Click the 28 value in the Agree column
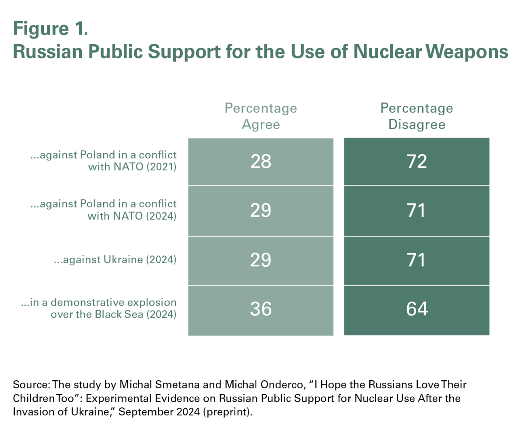point(261,162)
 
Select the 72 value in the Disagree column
point(416,162)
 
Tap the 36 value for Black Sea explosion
point(261,309)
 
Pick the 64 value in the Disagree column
point(416,309)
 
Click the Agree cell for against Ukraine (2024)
point(261,260)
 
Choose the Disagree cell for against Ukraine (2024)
point(416,260)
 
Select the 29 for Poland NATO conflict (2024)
point(261,211)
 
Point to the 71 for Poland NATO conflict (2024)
point(416,211)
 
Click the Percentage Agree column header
point(261,116)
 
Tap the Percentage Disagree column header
point(416,116)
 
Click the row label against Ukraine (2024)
point(115,260)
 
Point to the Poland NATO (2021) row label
point(104,161)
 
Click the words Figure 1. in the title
point(50,29)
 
